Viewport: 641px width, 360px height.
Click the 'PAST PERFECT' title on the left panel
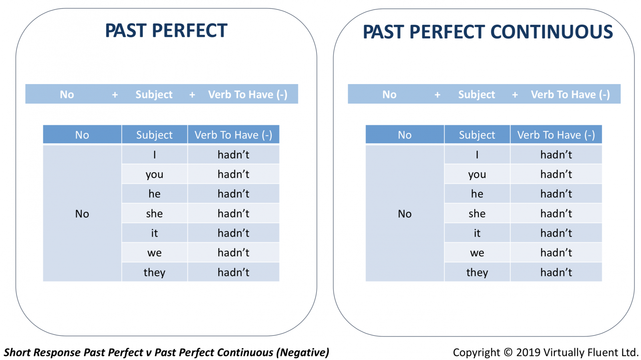point(166,30)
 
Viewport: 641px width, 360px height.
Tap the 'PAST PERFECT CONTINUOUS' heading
point(488,32)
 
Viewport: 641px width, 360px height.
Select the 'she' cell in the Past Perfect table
point(155,213)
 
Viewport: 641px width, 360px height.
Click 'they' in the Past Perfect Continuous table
point(477,272)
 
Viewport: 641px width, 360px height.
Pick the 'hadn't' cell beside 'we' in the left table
point(234,253)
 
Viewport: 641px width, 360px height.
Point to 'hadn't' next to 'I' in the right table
point(556,155)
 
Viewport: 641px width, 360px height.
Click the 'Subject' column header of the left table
point(155,135)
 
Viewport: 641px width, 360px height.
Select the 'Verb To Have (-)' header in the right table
point(556,135)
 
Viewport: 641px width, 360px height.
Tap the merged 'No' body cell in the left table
point(82,213)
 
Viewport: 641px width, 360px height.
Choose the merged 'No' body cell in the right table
point(405,213)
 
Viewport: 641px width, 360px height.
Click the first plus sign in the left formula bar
point(115,95)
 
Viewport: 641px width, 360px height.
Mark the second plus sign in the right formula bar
point(515,95)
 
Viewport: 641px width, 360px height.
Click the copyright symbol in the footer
point(508,352)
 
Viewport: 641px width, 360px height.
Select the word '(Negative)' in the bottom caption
point(303,352)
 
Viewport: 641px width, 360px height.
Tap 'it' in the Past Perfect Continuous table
point(477,233)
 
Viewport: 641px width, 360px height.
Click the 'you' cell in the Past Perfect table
point(155,174)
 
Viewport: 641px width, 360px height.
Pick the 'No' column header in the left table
point(82,135)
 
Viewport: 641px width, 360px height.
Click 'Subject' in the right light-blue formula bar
point(476,95)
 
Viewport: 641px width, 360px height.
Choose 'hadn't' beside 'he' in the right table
point(556,193)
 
